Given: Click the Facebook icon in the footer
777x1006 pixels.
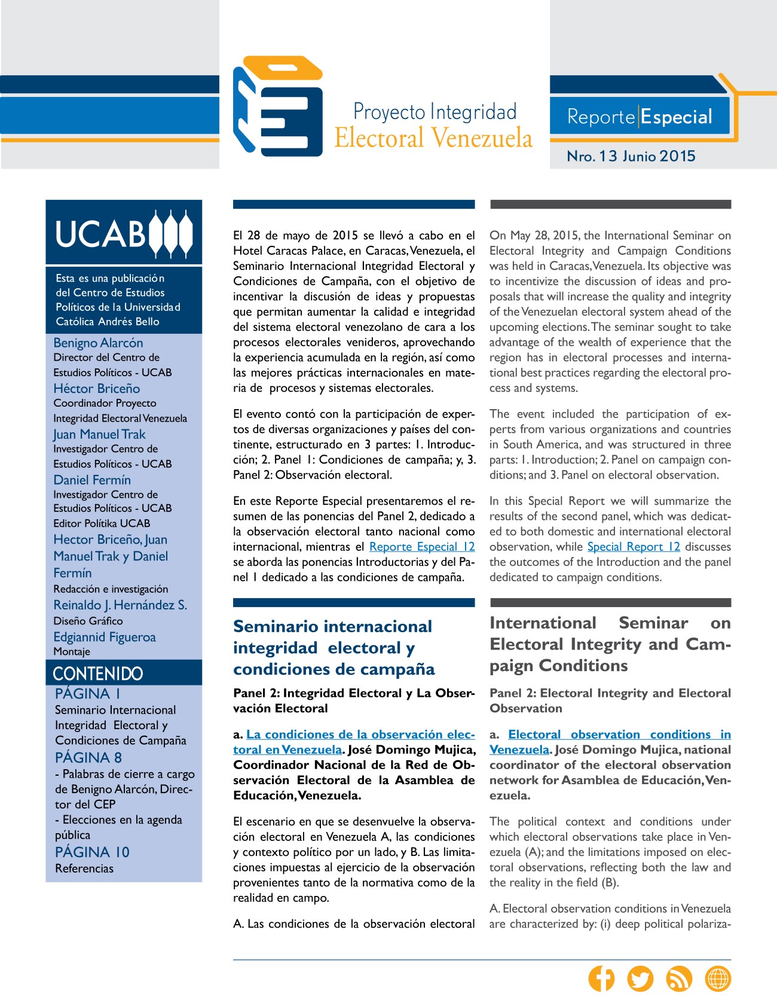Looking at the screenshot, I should click(x=601, y=979).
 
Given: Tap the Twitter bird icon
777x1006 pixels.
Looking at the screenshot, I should click(x=640, y=979).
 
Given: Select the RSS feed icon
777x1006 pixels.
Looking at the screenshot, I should click(x=679, y=979).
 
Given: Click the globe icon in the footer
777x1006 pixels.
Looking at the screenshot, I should click(x=718, y=979).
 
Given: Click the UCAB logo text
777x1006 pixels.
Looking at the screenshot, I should click(x=100, y=233).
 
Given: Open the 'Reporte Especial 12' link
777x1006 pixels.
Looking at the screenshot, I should click(x=422, y=547).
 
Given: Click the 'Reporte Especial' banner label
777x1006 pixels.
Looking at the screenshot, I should click(x=640, y=117).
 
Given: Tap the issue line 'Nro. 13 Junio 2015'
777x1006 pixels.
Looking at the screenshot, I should click(x=631, y=156).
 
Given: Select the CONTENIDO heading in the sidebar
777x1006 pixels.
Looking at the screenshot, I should click(x=98, y=673).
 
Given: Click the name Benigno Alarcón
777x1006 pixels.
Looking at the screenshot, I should click(x=99, y=343).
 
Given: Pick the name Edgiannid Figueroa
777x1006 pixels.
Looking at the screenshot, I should click(x=105, y=637).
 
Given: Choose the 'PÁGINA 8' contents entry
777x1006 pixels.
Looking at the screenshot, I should click(x=88, y=757).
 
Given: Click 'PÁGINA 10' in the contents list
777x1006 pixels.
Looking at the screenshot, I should click(x=92, y=852).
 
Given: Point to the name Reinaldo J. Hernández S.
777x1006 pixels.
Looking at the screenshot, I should click(x=120, y=605).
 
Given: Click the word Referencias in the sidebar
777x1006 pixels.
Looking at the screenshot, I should click(x=84, y=868).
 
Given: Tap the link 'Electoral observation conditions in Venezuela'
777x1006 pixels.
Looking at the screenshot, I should click(x=619, y=734).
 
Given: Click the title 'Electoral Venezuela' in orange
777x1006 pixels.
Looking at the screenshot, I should click(x=433, y=138).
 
